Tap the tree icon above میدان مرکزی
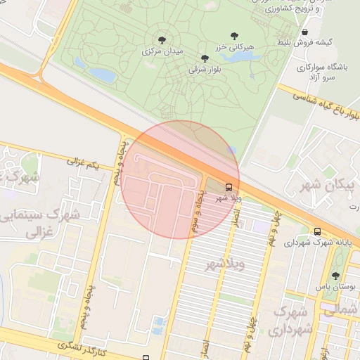(162, 40)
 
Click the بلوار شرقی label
(205, 70)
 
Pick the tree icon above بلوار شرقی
(205, 58)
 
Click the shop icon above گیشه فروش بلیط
(304, 32)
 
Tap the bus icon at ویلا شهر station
(229, 187)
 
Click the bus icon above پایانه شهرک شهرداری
(317, 231)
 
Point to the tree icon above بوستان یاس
(335, 276)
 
